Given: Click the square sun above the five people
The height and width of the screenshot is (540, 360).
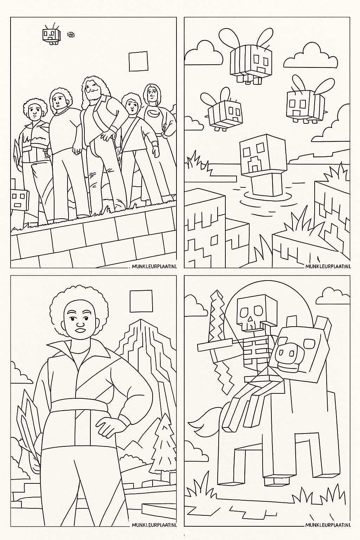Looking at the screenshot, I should click(x=138, y=62).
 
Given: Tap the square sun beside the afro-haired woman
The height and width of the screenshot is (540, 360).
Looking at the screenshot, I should click(x=141, y=301).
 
